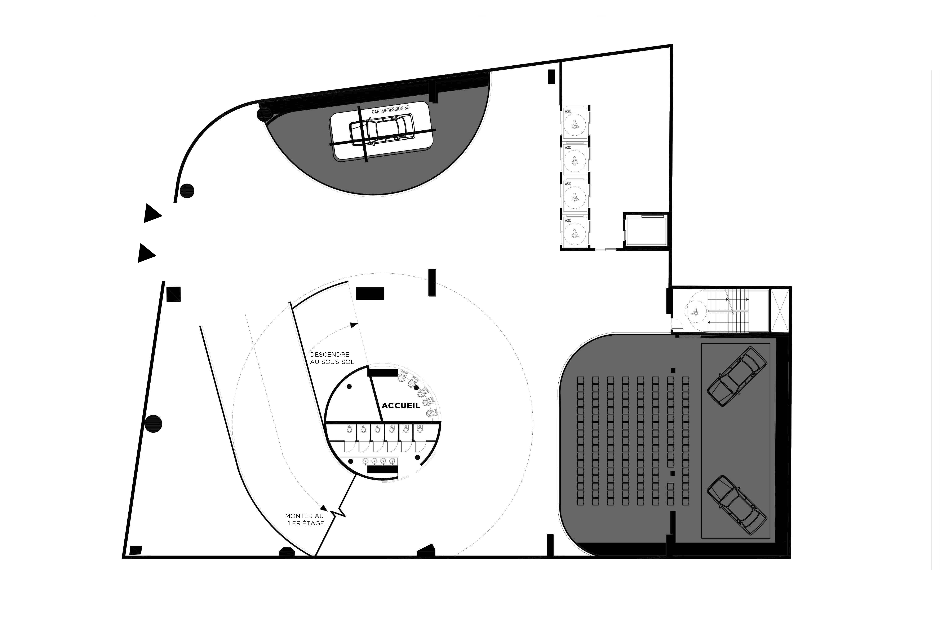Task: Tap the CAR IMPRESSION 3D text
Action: point(390,109)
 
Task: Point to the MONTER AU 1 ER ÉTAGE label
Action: point(305,519)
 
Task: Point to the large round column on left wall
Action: point(153,424)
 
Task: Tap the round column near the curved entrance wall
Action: point(187,191)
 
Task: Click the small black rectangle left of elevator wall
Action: point(551,77)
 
